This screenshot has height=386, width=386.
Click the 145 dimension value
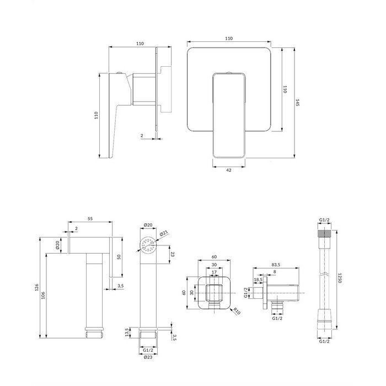pyautogui.click(x=297, y=103)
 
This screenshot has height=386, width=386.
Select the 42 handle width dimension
pyautogui.click(x=229, y=170)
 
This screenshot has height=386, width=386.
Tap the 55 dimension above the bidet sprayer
pyautogui.click(x=90, y=218)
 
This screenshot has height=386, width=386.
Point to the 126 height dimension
pyautogui.click(x=36, y=287)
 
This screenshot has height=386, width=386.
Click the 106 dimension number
pyautogui.click(x=44, y=296)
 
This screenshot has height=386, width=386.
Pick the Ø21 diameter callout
pyautogui.click(x=164, y=233)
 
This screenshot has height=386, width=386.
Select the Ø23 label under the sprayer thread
pyautogui.click(x=148, y=357)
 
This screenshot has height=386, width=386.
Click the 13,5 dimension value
pyautogui.click(x=127, y=333)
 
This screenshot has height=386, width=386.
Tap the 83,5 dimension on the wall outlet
pyautogui.click(x=276, y=265)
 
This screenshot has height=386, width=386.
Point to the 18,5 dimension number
pyautogui.click(x=258, y=280)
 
